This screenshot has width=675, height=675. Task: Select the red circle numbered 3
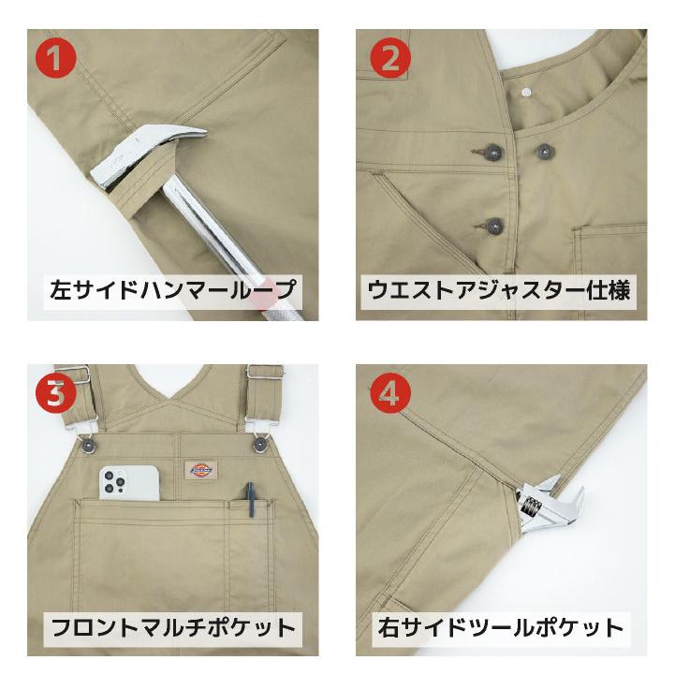57,394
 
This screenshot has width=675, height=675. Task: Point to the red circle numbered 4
389,394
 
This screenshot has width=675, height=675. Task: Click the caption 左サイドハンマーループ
172,289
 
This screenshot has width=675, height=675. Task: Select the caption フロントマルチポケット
172,625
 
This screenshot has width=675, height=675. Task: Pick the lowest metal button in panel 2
493,225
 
